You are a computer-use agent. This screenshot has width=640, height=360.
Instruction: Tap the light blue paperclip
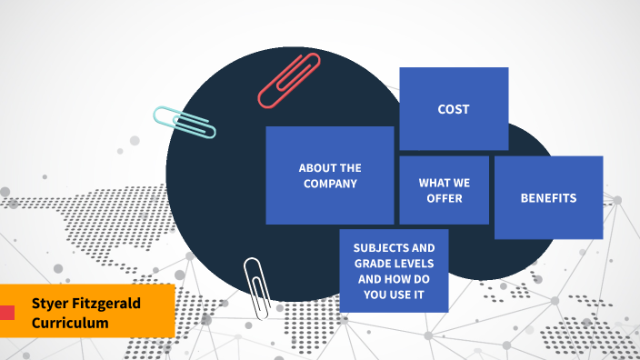tap(185, 123)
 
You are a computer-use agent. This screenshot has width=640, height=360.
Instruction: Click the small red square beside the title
tap(7, 313)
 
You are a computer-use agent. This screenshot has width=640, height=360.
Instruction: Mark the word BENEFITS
tap(548, 197)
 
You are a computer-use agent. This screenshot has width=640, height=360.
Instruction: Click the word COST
tap(454, 109)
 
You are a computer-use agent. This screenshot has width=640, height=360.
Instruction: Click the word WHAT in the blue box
tap(432, 183)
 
